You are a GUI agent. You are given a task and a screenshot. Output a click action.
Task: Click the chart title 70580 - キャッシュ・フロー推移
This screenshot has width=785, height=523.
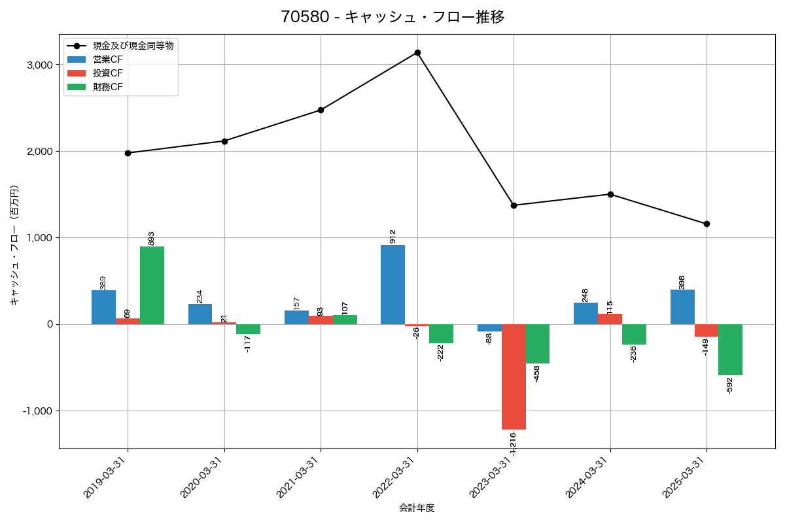coord(392,17)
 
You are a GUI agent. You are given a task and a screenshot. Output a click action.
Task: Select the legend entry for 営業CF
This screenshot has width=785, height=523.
coord(107,59)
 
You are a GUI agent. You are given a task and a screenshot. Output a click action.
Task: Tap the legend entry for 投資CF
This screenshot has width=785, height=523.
coord(107,73)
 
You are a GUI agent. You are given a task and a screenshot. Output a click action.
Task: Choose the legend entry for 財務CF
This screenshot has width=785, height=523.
coord(107,87)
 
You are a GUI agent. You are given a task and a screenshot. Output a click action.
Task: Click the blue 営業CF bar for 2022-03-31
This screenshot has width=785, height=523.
coord(392,284)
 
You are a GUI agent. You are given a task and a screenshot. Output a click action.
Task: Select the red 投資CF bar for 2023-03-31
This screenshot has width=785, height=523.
coord(514,377)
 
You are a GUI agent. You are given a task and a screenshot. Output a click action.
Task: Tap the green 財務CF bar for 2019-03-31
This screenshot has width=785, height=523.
coord(152,285)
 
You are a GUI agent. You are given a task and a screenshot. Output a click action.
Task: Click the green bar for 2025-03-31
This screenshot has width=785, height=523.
coord(730,350)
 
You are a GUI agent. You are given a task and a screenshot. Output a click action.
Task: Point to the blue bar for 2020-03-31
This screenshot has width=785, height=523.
coord(200,314)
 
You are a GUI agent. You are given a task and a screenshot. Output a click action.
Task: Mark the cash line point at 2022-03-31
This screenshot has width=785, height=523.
coord(417,52)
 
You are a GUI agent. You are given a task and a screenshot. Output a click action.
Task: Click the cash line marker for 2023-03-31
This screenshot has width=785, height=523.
coord(514,205)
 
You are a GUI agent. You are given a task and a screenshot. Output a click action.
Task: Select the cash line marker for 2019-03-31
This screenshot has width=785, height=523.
coord(128,153)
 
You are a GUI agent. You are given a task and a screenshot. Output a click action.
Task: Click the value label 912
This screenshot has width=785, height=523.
coord(393,236)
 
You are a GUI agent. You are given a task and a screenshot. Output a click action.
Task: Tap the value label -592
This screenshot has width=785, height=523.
coord(730,386)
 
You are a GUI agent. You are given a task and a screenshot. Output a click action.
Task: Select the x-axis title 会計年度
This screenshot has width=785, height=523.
coord(417,508)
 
